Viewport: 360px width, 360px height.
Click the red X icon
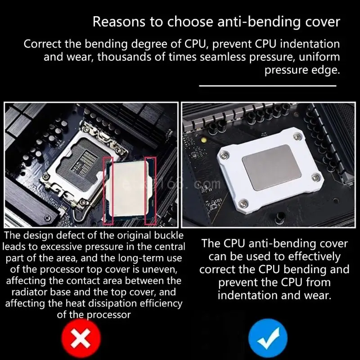point(81,338)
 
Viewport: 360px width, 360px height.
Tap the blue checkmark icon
point(268,338)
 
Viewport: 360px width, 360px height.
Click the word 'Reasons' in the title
point(119,22)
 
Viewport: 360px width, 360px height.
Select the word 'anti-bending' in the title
point(259,22)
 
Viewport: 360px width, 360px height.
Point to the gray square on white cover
point(272,167)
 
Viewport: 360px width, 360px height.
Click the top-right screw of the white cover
point(297,137)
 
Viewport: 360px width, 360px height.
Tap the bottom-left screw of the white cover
point(243,203)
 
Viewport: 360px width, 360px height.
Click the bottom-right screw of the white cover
point(316,177)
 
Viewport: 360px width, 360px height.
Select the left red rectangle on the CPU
point(108,190)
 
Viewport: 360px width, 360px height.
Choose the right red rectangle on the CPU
point(151,190)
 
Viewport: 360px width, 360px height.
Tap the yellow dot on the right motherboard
point(203,140)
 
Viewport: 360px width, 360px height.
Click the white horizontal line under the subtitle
point(268,86)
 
